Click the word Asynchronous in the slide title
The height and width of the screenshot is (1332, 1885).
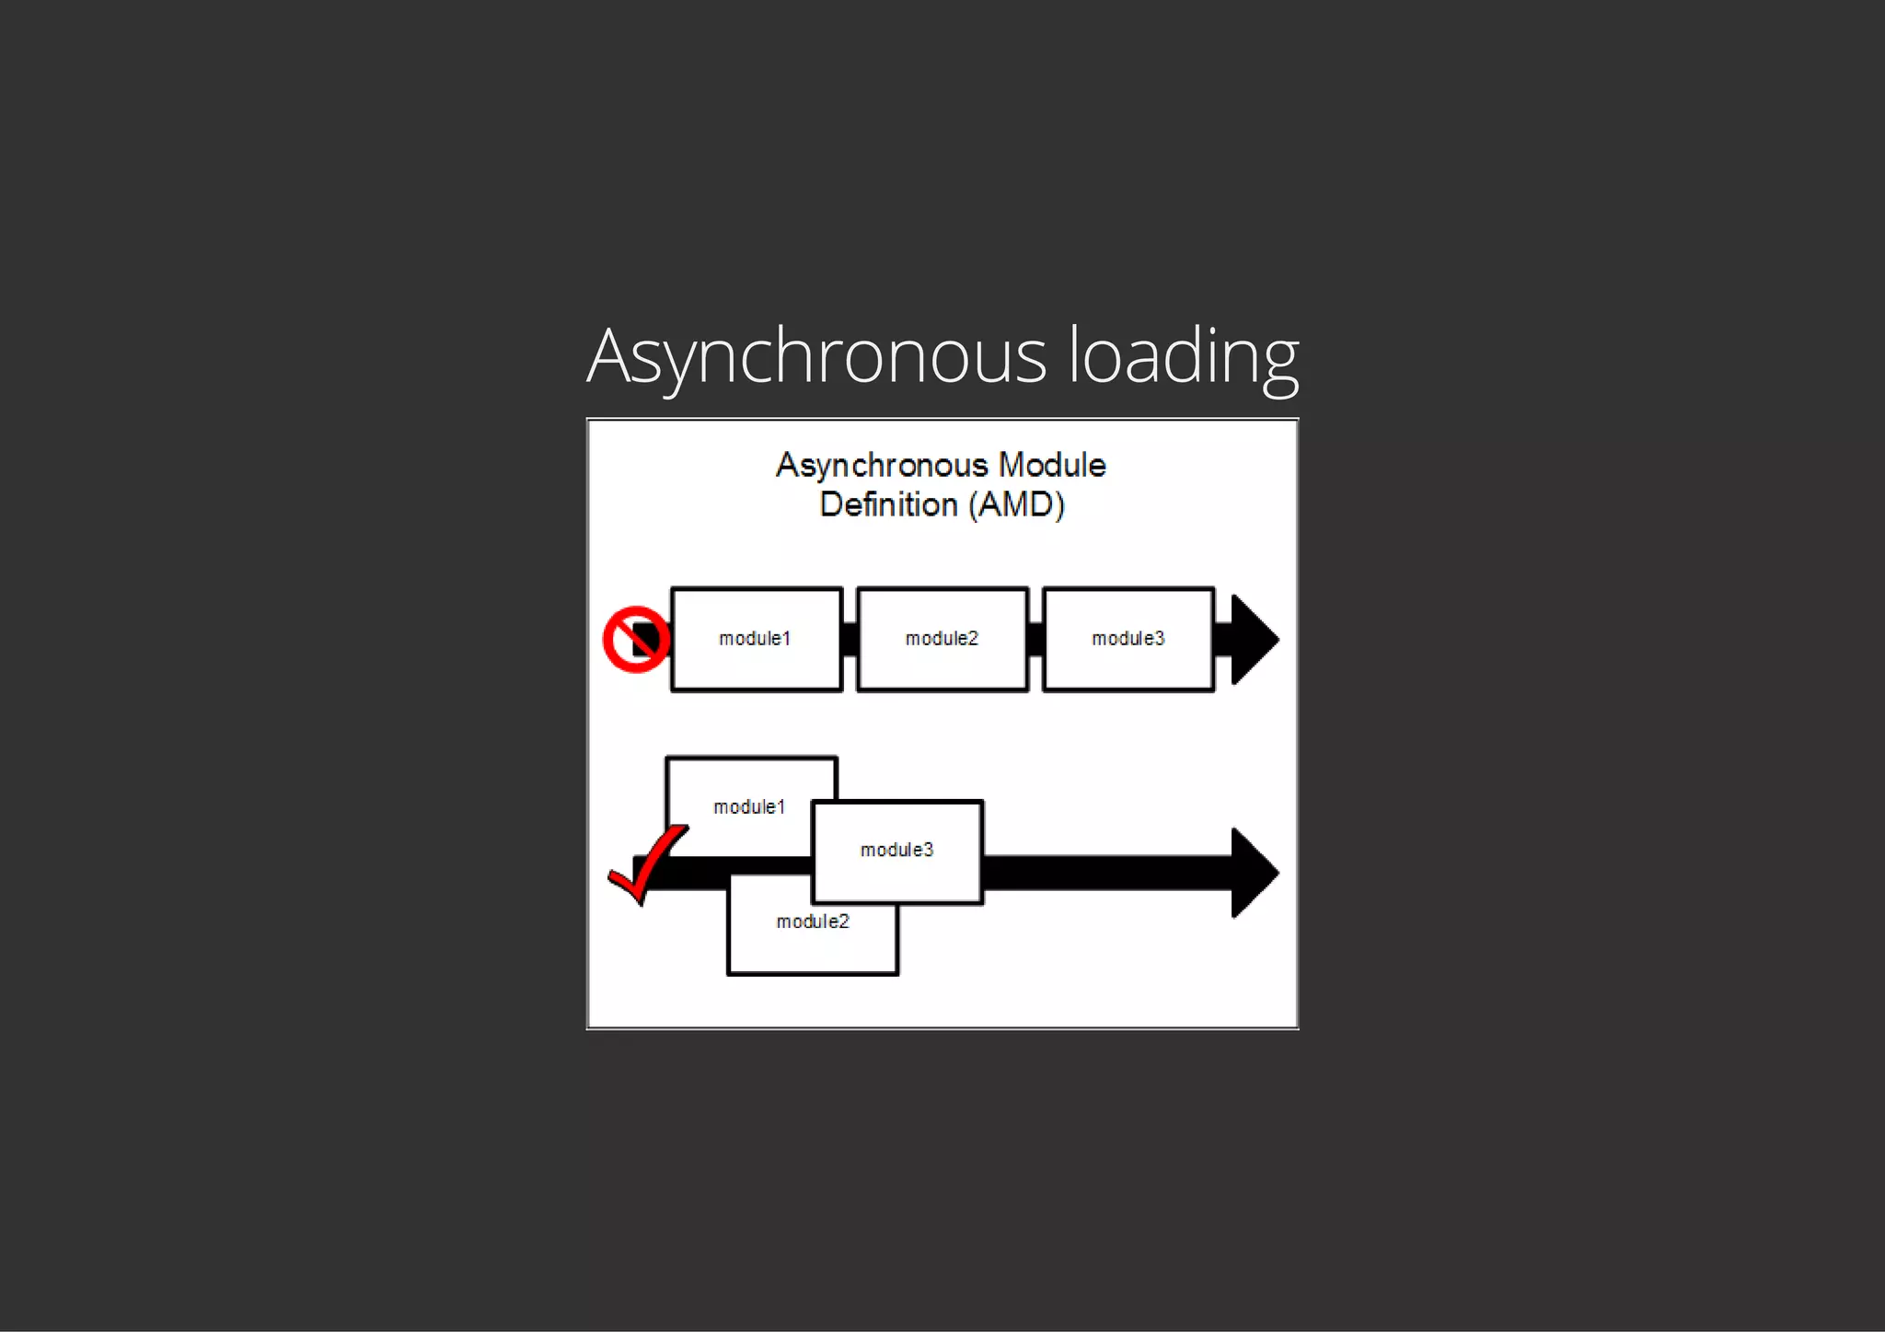[x=816, y=357]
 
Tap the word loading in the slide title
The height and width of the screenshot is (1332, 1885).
[x=1183, y=357]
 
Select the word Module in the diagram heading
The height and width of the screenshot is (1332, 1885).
[x=1052, y=466]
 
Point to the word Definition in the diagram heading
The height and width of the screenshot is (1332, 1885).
[x=888, y=505]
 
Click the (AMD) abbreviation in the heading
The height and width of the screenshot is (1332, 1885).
[x=1016, y=505]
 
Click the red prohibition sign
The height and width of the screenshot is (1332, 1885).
[x=636, y=639]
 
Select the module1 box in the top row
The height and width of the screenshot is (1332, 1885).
[x=757, y=639]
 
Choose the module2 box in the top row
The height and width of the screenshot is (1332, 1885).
[x=942, y=639]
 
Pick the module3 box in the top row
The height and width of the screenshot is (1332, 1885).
[x=1128, y=639]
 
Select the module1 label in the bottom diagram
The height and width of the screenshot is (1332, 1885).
[x=749, y=807]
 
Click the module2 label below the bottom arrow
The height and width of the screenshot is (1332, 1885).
[x=813, y=921]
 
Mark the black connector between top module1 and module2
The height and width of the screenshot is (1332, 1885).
[x=850, y=639]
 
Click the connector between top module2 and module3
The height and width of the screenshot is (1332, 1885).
[x=1035, y=639]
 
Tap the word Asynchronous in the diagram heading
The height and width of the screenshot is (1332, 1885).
[x=882, y=466]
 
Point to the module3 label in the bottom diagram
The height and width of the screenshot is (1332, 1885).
[x=897, y=850]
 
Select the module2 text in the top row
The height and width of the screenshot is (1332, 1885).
[x=942, y=639]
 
